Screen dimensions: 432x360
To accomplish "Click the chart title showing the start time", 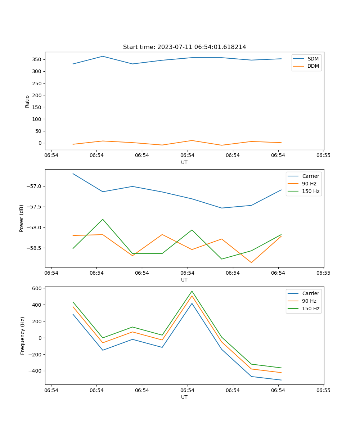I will pyautogui.click(x=184, y=47).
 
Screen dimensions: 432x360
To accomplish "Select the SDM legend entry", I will pyautogui.click(x=313, y=59).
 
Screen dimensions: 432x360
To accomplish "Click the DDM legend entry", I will pyautogui.click(x=313, y=66).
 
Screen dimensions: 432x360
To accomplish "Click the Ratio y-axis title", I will pyautogui.click(x=27, y=101).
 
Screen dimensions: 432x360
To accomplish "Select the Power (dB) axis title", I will pyautogui.click(x=22, y=218).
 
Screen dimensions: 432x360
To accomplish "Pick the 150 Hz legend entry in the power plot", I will pyautogui.click(x=311, y=191).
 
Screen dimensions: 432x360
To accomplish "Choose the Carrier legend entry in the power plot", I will pyautogui.click(x=310, y=176).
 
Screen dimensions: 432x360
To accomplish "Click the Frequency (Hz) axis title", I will pyautogui.click(x=22, y=336).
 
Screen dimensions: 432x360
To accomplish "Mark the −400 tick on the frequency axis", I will pyautogui.click(x=35, y=371).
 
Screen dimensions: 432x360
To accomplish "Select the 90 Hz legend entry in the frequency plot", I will pyautogui.click(x=309, y=301).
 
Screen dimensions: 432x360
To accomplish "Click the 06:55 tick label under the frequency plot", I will pyautogui.click(x=323, y=390).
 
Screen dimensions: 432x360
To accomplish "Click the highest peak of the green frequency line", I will pyautogui.click(x=192, y=291).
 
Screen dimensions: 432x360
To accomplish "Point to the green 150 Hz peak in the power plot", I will pyautogui.click(x=103, y=219).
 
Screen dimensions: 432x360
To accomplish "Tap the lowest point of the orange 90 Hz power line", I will pyautogui.click(x=251, y=262).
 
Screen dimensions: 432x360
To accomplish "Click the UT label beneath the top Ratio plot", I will pyautogui.click(x=184, y=162).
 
